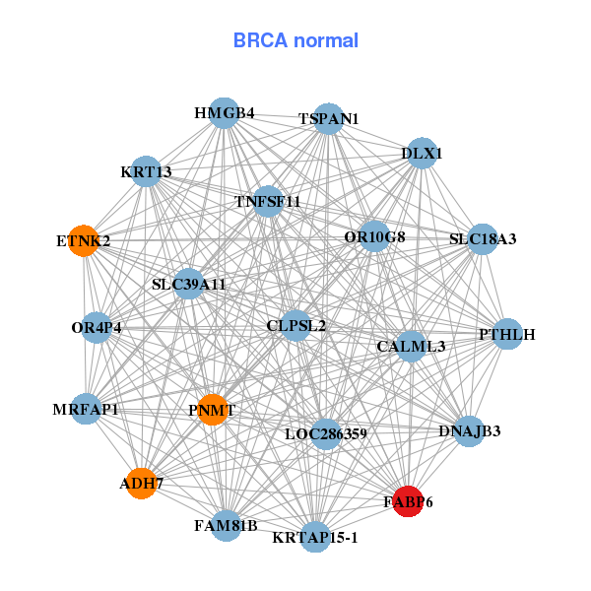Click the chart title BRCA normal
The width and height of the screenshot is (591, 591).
295,40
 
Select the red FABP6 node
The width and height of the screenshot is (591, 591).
408,501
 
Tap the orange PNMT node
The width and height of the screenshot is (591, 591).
213,409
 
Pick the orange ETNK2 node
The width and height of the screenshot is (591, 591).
84,240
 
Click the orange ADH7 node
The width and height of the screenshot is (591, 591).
142,484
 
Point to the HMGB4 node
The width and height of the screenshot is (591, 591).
224,113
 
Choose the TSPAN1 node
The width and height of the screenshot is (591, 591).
329,119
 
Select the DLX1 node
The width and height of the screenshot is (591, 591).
422,154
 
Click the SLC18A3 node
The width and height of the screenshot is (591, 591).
482,239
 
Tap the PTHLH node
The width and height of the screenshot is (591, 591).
506,335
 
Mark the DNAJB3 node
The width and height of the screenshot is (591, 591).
469,430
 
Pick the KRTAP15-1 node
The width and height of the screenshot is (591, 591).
315,537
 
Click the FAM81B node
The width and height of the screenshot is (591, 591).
227,525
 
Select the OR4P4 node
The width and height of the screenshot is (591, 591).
97,327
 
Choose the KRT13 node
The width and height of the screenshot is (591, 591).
146,172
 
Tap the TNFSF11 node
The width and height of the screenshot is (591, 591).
268,202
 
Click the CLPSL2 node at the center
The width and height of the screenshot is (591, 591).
295,325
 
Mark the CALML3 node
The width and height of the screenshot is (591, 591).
411,346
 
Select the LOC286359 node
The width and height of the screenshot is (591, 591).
326,433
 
